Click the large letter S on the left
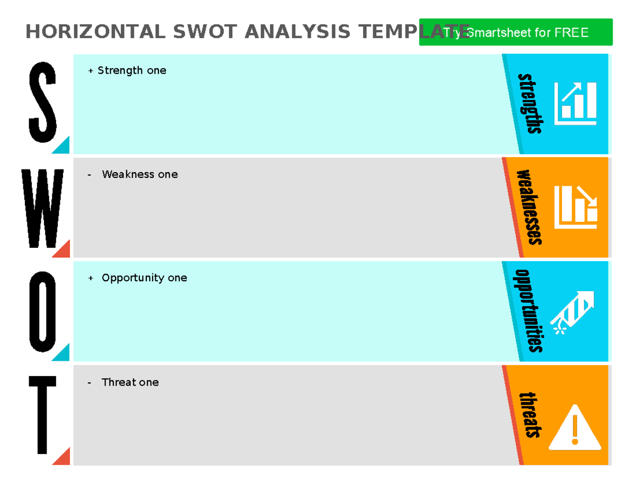(x=42, y=102)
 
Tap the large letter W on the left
(x=43, y=208)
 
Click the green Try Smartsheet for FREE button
(x=515, y=32)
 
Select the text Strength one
(x=131, y=70)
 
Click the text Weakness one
(x=139, y=174)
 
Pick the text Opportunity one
(x=144, y=278)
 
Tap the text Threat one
(x=130, y=382)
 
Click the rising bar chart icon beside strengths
(x=575, y=103)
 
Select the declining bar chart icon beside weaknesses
(x=576, y=207)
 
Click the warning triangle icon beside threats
(x=575, y=428)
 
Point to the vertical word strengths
(x=531, y=103)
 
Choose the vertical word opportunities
(x=529, y=311)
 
